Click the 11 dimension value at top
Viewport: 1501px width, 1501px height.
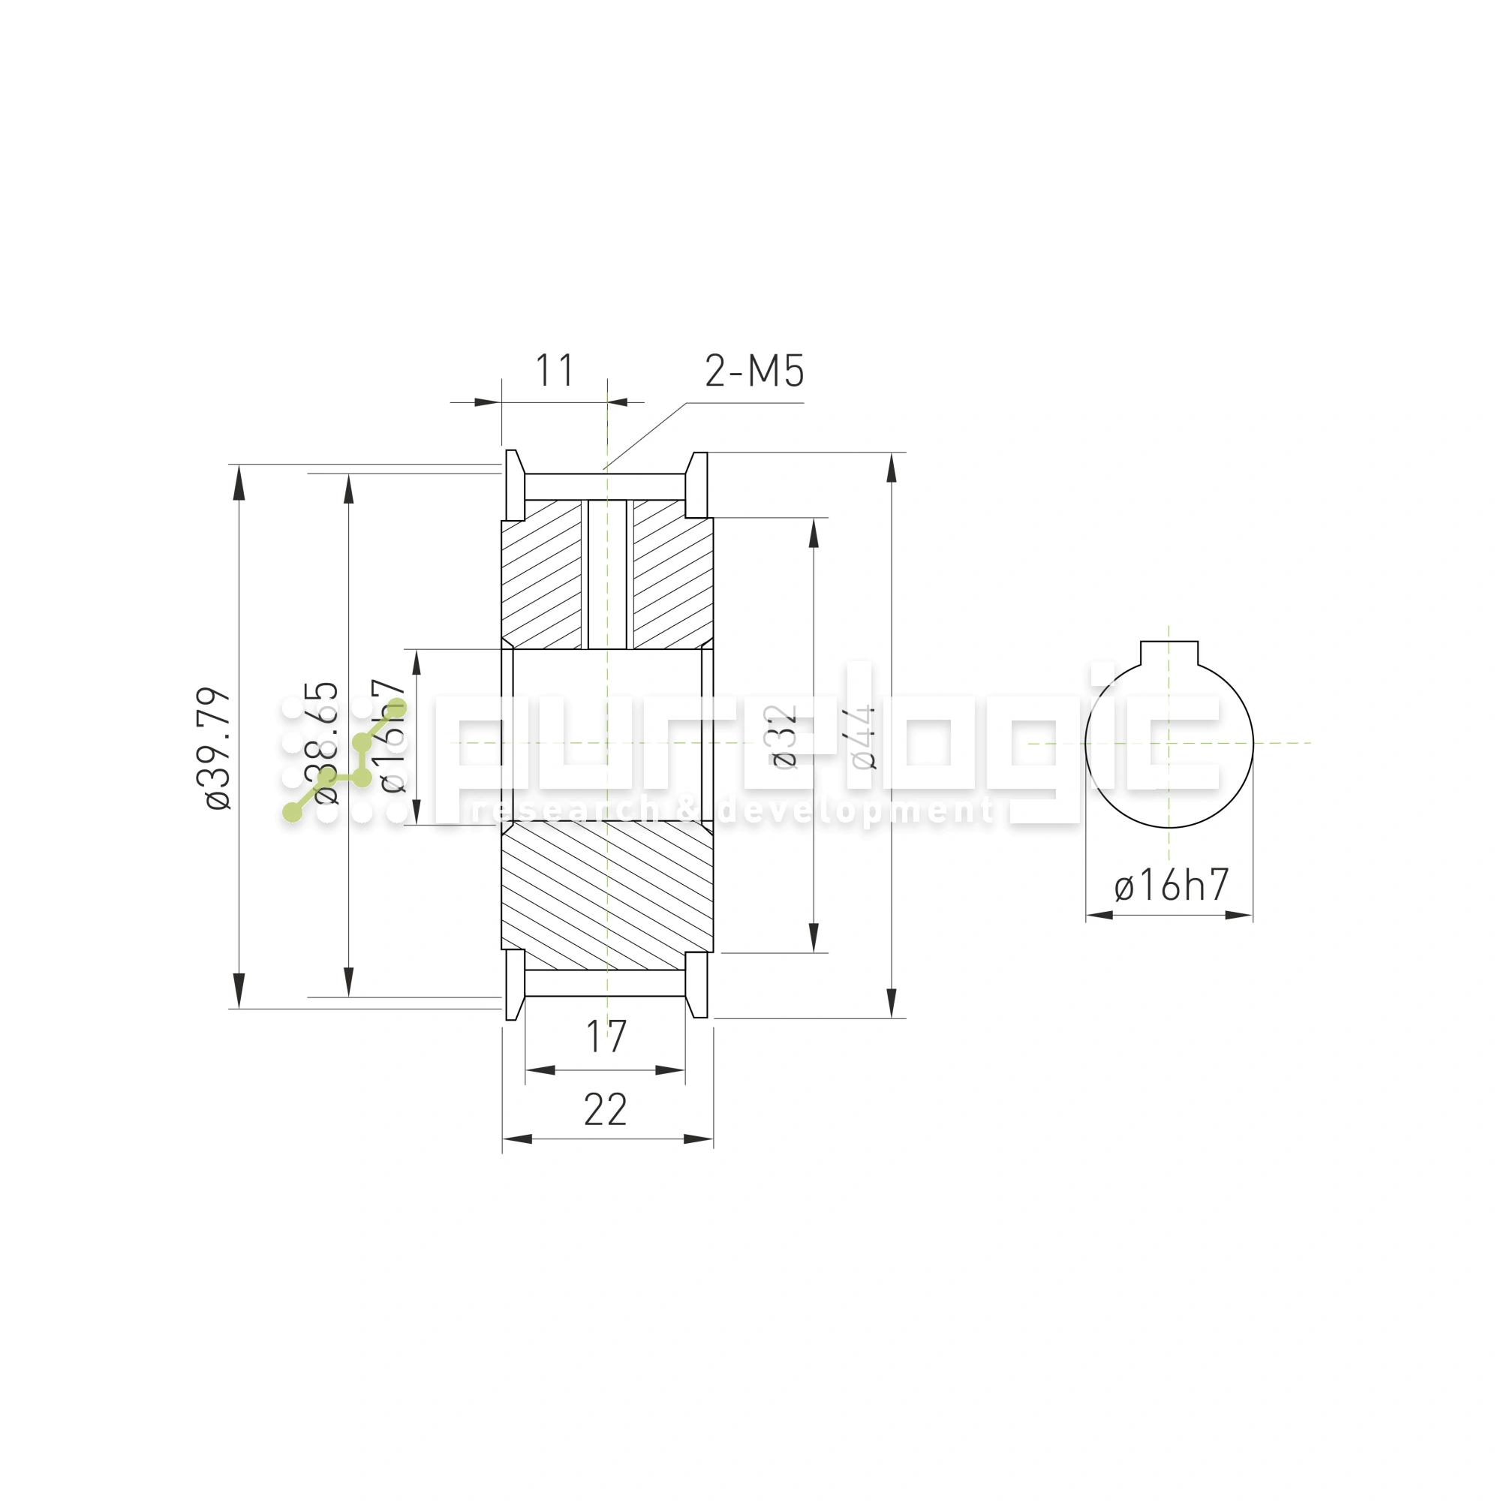[555, 371]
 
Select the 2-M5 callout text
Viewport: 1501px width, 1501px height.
[754, 371]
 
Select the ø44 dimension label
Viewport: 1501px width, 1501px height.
[863, 737]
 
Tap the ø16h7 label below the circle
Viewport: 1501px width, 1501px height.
[1171, 886]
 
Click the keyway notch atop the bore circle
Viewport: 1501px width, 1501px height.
[1169, 654]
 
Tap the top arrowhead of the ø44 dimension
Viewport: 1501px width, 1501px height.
[891, 468]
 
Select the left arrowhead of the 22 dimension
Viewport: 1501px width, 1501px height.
[517, 1139]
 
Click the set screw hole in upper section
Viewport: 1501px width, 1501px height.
[606, 575]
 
